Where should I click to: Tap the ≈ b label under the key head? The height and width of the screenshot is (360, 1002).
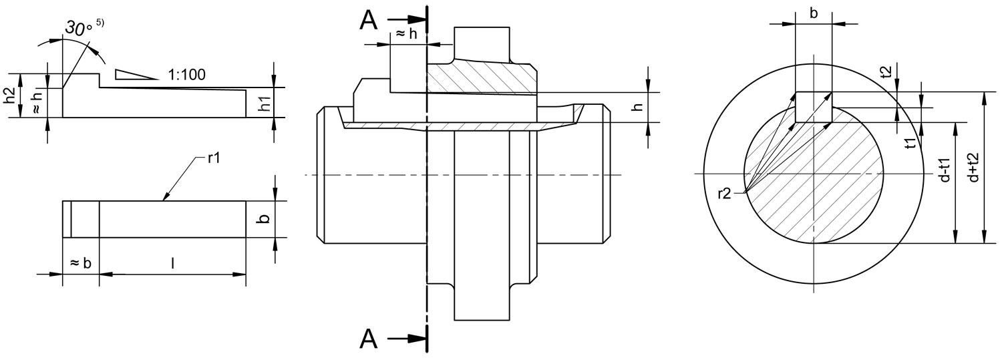point(80,262)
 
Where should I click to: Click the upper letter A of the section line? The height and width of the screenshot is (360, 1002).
point(369,21)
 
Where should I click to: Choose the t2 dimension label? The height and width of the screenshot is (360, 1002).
point(886,72)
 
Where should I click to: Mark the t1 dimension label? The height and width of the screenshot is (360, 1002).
point(908,143)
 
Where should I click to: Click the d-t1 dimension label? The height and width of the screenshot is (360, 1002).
point(945,170)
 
